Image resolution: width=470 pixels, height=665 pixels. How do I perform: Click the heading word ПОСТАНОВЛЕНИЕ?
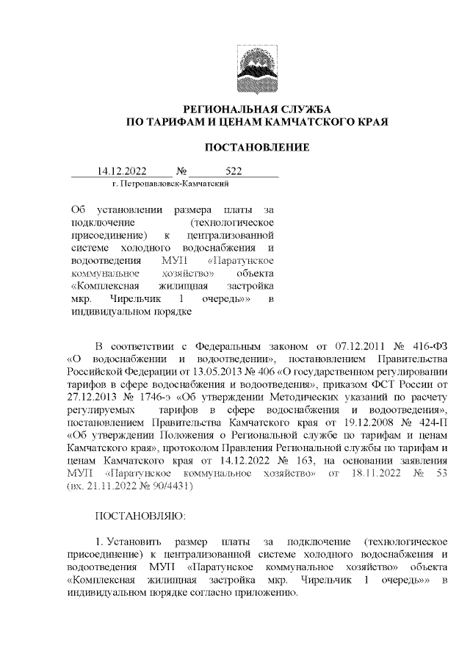256,148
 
